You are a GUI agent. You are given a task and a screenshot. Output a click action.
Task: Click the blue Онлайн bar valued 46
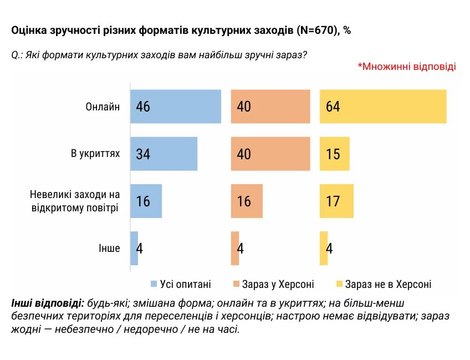(x=176, y=107)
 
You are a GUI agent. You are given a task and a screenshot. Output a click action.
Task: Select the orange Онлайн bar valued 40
(x=270, y=107)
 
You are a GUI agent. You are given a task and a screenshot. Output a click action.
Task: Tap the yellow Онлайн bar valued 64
(x=383, y=107)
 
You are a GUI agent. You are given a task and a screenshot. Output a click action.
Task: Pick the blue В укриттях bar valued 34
(x=164, y=154)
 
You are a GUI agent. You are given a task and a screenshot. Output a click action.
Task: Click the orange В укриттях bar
(x=270, y=154)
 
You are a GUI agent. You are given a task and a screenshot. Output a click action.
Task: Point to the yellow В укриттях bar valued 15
(x=335, y=154)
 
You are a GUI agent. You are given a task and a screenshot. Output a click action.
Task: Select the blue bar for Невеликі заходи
(x=146, y=201)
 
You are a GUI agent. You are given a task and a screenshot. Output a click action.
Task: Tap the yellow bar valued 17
(x=336, y=201)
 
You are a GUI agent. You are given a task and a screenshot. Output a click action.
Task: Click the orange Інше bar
(x=235, y=248)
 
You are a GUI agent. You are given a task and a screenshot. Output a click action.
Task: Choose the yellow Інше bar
(x=324, y=248)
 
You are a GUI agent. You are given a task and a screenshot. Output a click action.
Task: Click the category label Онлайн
(x=103, y=107)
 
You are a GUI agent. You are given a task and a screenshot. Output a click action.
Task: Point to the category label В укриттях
(x=95, y=153)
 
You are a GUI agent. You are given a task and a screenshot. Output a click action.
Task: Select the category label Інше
(x=109, y=248)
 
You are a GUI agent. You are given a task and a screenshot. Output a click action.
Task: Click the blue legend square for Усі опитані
(x=154, y=285)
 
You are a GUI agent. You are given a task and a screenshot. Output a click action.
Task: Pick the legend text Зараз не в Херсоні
(x=388, y=285)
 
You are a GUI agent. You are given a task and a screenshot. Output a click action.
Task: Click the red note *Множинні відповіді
(x=407, y=67)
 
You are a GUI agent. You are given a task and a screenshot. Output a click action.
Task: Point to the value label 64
(x=333, y=107)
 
